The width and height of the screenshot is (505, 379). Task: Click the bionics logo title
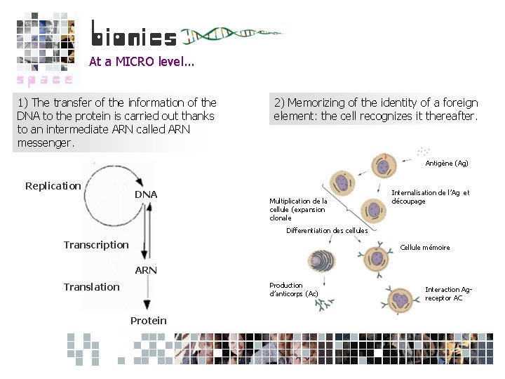tap(134, 35)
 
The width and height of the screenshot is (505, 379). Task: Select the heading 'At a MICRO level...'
tap(141, 62)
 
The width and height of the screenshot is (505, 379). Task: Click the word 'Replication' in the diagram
tap(53, 186)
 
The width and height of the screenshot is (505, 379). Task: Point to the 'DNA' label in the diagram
tap(146, 194)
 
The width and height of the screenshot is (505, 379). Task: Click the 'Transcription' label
tap(96, 245)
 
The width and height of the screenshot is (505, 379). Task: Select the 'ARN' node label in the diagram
tap(146, 270)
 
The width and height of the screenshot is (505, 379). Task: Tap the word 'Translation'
tap(91, 287)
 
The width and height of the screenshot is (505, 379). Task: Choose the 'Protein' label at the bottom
tap(148, 321)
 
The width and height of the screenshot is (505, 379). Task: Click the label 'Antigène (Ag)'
tap(446, 164)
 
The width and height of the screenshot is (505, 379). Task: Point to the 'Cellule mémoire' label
tap(424, 248)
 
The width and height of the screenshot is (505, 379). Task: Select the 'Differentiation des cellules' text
tap(327, 231)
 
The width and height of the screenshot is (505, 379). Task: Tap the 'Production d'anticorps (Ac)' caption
tap(293, 289)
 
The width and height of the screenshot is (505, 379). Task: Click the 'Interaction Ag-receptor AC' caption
tap(448, 293)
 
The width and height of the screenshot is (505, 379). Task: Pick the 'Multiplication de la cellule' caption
tap(297, 209)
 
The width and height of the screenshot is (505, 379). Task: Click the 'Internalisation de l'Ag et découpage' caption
tap(430, 197)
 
